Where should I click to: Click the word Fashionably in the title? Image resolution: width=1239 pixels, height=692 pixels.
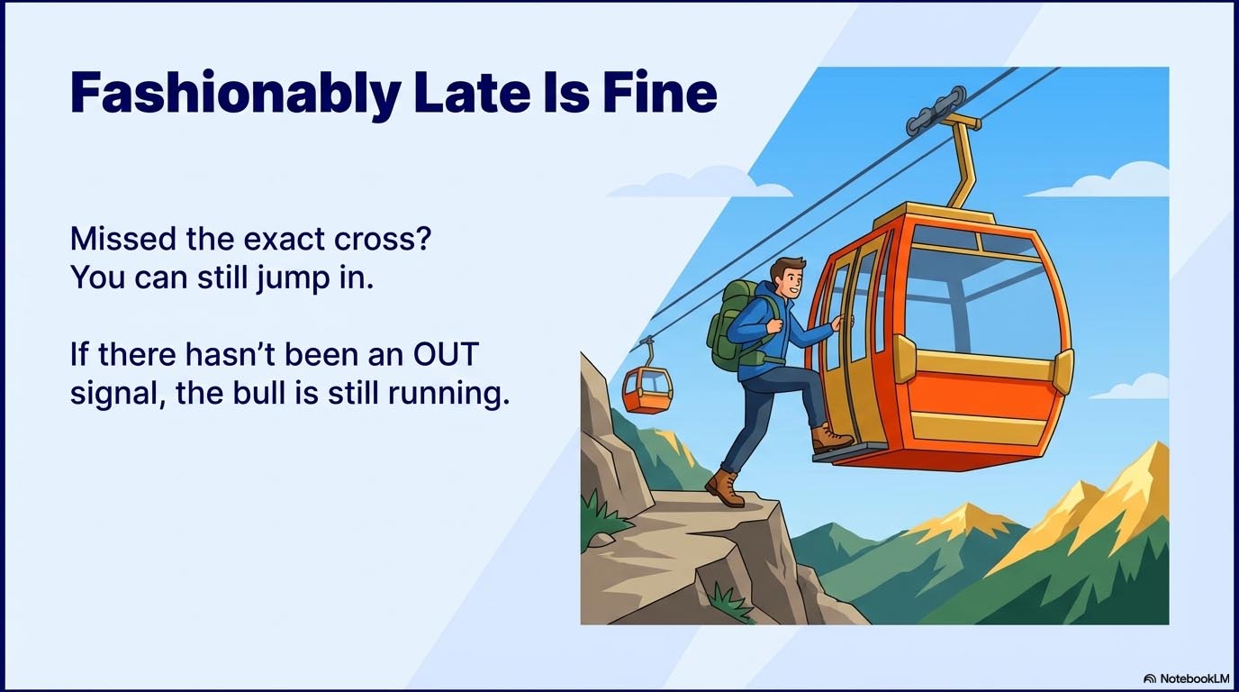click(236, 94)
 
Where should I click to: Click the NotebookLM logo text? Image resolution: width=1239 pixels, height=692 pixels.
click(1187, 678)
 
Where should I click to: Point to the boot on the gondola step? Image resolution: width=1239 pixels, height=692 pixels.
click(831, 439)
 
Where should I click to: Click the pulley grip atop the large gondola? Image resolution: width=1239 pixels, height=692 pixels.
click(935, 111)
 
